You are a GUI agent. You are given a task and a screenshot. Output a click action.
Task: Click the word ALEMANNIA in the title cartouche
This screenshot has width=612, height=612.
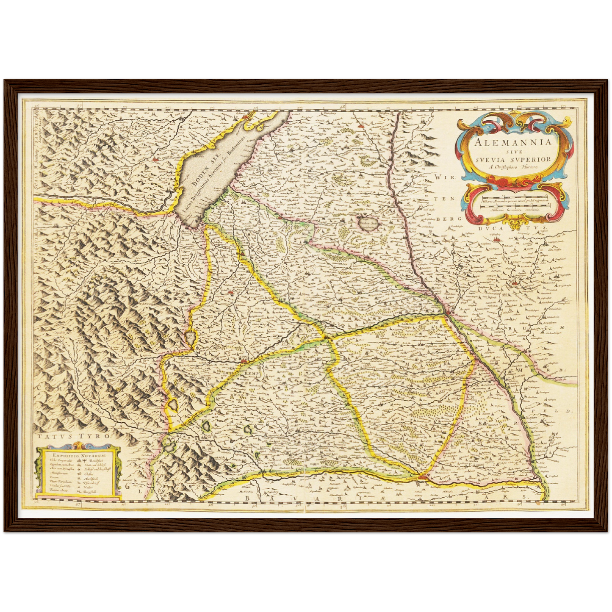pos(513,142)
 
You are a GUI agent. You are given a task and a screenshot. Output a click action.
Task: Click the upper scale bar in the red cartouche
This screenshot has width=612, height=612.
pos(515,197)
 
